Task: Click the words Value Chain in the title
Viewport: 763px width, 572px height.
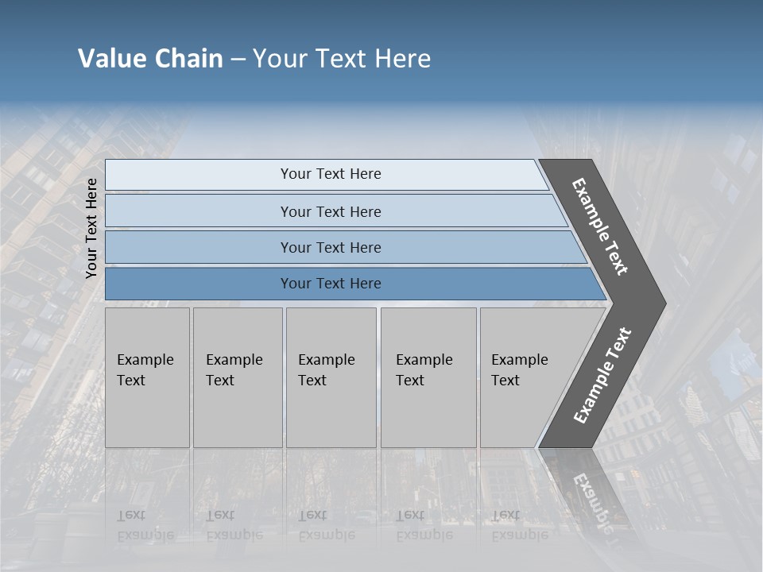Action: click(150, 59)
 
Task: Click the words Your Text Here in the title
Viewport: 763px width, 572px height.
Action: click(342, 59)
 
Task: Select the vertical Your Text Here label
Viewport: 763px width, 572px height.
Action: click(91, 228)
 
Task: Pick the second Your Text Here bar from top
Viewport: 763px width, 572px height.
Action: click(330, 211)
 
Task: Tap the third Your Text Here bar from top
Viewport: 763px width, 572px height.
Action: click(330, 247)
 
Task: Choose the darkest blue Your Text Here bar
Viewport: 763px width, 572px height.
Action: click(330, 284)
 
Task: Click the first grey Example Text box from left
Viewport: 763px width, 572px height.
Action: click(147, 377)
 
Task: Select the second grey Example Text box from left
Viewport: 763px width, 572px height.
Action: click(237, 377)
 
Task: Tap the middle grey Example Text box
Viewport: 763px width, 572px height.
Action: click(331, 377)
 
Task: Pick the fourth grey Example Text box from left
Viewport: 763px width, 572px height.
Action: click(428, 377)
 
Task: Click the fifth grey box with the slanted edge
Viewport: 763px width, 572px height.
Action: click(525, 377)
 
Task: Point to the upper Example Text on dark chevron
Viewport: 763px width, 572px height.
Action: click(600, 226)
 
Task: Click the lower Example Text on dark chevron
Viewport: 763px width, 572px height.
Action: click(602, 376)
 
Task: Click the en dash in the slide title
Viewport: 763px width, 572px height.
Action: click(238, 60)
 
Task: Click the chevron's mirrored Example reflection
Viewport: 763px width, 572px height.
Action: click(592, 497)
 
